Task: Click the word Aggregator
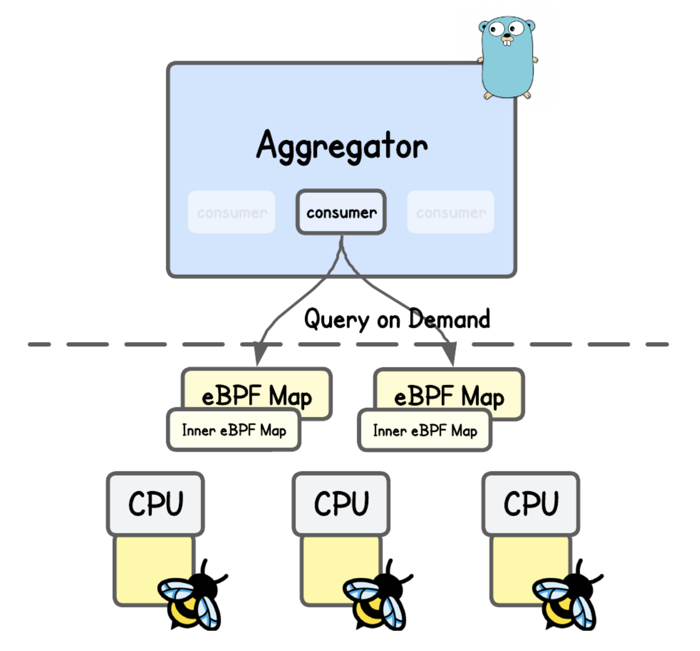pyautogui.click(x=342, y=146)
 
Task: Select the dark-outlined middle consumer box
pyautogui.click(x=341, y=212)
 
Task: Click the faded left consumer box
pyautogui.click(x=231, y=212)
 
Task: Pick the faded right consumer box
pyautogui.click(x=450, y=212)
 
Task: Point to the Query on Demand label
pyautogui.click(x=396, y=320)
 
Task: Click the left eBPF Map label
pyautogui.click(x=256, y=396)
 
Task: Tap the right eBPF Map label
pyautogui.click(x=449, y=396)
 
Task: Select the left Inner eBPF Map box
pyautogui.click(x=234, y=430)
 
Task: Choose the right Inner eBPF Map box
pyautogui.click(x=425, y=430)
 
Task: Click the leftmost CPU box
pyautogui.click(x=155, y=503)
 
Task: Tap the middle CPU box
pyautogui.click(x=341, y=503)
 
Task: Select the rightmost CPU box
pyautogui.click(x=531, y=503)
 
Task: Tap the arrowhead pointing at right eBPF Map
pyautogui.click(x=450, y=354)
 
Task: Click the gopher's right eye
pyautogui.click(x=516, y=28)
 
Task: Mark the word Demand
pyautogui.click(x=449, y=319)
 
